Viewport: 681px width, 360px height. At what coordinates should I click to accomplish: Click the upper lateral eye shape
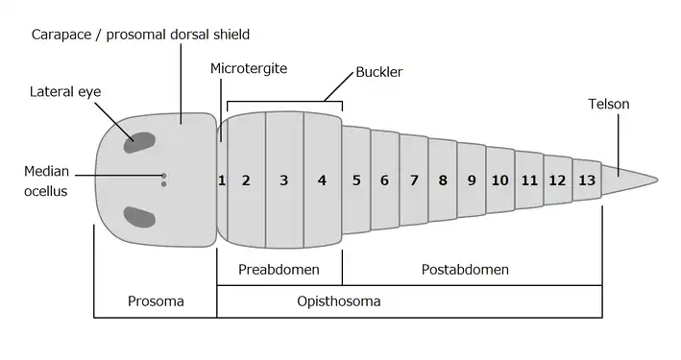coord(139,142)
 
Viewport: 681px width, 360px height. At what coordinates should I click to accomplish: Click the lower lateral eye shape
coord(139,217)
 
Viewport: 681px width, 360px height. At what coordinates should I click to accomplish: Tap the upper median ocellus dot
coord(163,176)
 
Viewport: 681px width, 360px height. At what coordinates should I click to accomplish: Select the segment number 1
coord(222,180)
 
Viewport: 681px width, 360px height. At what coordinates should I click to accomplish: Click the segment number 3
coord(284,180)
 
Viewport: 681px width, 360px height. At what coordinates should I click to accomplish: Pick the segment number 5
coord(356,180)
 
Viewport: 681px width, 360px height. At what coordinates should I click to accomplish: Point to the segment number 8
coord(443,180)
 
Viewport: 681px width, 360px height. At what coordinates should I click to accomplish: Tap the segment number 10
coord(499,180)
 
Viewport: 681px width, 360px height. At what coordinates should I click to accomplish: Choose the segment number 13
coord(587,180)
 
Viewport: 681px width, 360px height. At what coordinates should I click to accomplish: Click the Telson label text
coord(608,105)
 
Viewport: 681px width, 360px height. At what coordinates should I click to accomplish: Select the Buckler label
coord(379,72)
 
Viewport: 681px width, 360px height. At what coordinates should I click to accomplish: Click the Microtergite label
coord(249,68)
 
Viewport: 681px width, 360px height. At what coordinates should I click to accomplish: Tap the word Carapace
coord(61,35)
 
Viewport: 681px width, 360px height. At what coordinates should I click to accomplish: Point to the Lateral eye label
coord(65,91)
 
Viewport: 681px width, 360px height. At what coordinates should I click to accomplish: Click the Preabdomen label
coord(279,269)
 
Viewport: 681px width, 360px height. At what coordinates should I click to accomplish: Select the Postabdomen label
coord(465,269)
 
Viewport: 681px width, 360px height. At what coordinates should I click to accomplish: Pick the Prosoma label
coord(156,300)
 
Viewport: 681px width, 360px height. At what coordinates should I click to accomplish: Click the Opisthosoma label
coord(339,300)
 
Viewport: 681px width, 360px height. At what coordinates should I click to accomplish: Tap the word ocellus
coord(45,191)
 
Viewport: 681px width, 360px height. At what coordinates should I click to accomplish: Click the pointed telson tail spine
coord(630,179)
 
